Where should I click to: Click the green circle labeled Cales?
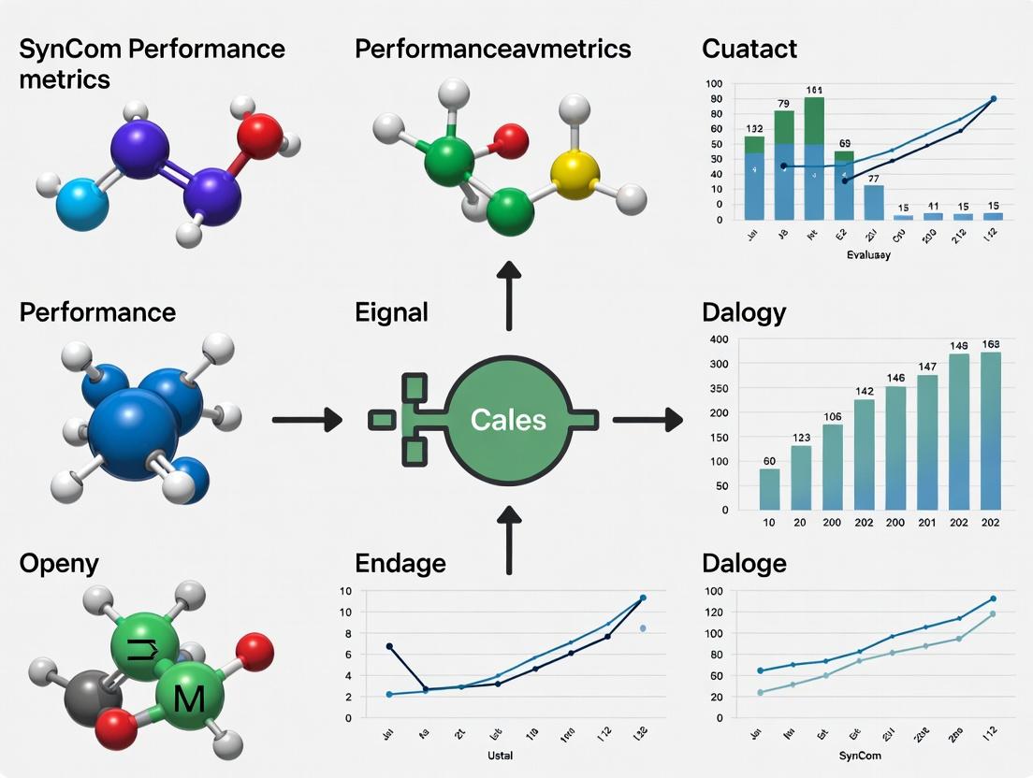pos(508,419)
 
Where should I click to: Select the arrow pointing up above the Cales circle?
pos(509,295)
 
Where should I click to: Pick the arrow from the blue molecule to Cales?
pos(307,420)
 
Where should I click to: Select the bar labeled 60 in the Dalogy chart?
pos(769,488)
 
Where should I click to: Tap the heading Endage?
pos(400,563)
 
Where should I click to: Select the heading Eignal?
pos(391,311)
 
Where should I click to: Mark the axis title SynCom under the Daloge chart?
pos(861,754)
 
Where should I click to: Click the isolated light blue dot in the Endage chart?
pos(643,628)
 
